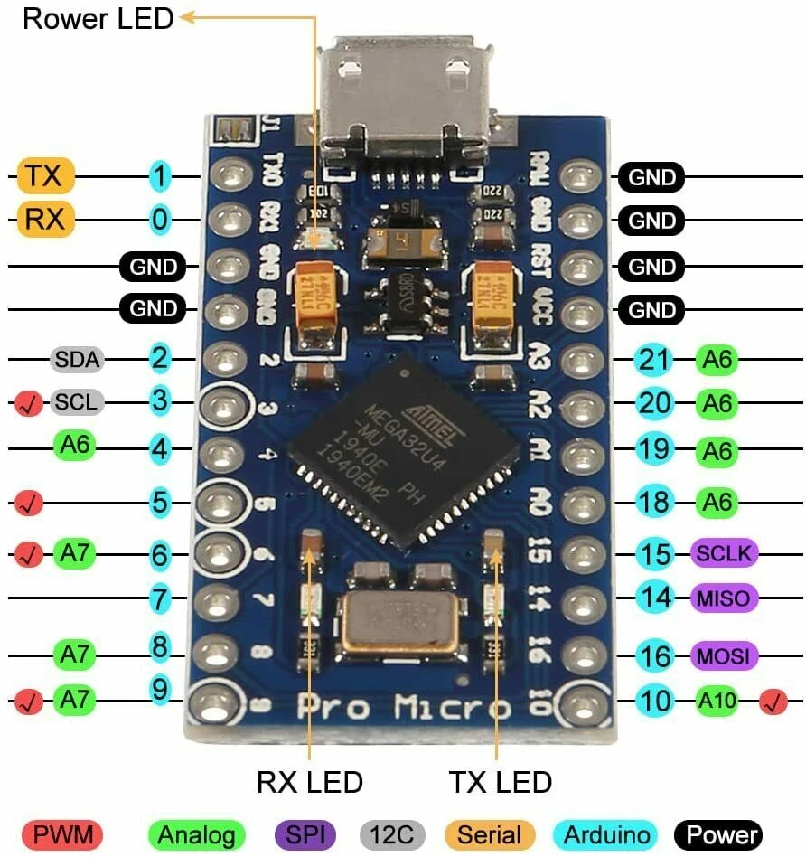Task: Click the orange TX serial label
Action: tap(44, 176)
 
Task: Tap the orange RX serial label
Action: tap(44, 220)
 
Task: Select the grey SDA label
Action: tap(78, 359)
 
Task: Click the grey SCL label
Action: tap(77, 401)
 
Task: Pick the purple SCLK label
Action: tap(725, 552)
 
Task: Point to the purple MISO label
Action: tap(724, 597)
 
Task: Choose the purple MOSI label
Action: tap(724, 655)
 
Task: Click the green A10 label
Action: tap(717, 699)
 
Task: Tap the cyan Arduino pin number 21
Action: tap(654, 361)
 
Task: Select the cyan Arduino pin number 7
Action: tap(160, 598)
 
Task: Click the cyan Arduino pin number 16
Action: tap(654, 655)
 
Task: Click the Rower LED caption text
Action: tap(98, 19)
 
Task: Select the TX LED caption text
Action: tap(500, 782)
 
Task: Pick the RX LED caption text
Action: tap(310, 782)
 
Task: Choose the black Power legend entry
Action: tap(718, 834)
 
